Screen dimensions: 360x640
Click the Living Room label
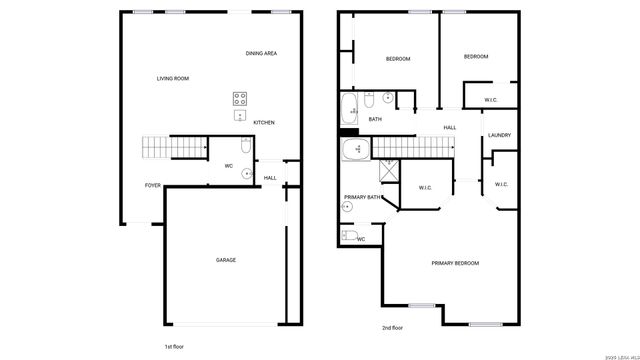(172, 78)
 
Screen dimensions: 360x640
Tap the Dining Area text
(261, 52)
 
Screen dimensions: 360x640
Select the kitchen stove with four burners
(241, 98)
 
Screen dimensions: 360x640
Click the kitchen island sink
(241, 115)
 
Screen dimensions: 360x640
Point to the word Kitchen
(264, 123)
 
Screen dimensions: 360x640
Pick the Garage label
(226, 260)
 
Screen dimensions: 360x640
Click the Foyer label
(153, 185)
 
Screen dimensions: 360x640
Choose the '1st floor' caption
(175, 345)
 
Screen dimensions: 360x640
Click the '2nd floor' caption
(392, 327)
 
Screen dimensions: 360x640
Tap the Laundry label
(500, 135)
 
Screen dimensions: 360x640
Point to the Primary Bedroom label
(455, 263)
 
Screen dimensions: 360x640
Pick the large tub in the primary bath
(354, 150)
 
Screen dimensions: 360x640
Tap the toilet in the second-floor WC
(349, 236)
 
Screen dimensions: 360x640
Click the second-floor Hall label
(450, 127)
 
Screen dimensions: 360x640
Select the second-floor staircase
(410, 147)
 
